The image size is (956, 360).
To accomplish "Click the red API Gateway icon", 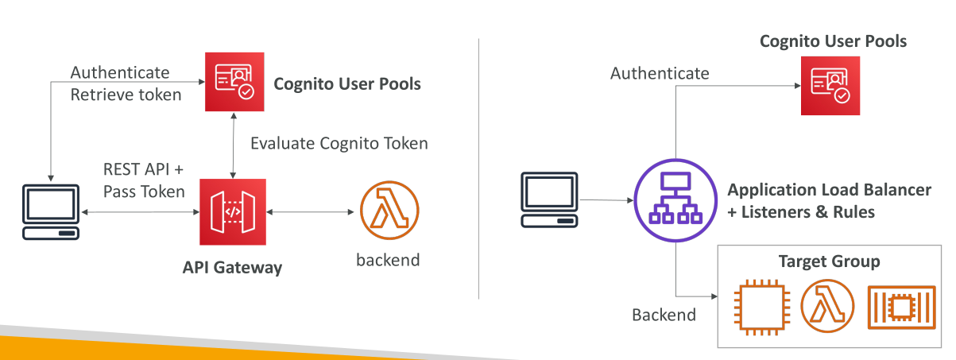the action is (x=233, y=212).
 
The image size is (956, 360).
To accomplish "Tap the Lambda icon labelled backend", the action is (x=389, y=210).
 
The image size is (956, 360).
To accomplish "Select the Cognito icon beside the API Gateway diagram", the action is (x=234, y=82).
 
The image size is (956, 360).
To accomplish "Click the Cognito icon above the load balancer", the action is (x=830, y=85).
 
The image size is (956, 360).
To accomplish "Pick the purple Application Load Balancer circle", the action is (x=675, y=200).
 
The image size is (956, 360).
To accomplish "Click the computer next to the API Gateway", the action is (x=51, y=212).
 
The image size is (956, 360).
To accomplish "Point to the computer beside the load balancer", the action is (x=549, y=199).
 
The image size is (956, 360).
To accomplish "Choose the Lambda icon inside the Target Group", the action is (x=827, y=306).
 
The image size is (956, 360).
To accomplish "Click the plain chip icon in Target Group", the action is (x=762, y=307).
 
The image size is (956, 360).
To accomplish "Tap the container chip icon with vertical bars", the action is (x=902, y=308).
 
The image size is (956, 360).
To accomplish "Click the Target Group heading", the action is (x=829, y=261).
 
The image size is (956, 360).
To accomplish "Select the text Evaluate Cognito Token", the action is (x=339, y=144).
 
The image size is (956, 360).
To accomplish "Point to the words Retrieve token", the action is (x=126, y=95).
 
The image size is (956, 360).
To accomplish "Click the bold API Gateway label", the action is (x=232, y=268).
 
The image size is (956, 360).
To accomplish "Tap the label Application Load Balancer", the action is (x=829, y=190).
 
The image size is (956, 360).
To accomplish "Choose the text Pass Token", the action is (x=144, y=192).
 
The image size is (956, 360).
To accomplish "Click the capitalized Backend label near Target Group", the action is (x=664, y=315).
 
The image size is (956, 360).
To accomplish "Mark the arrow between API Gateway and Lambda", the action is (x=310, y=212).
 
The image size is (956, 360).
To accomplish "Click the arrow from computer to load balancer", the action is (x=606, y=199).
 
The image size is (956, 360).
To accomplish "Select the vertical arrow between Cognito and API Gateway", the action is (x=233, y=145).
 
